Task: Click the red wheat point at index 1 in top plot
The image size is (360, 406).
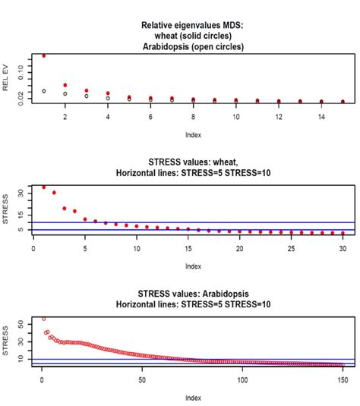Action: coord(44,56)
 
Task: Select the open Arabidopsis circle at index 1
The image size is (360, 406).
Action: coord(44,91)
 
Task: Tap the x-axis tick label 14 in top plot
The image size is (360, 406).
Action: coord(321,117)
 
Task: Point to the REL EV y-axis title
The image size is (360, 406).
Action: coord(7,79)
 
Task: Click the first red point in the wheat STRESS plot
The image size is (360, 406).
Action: coord(43,187)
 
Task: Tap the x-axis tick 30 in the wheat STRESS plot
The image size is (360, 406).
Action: coord(343,247)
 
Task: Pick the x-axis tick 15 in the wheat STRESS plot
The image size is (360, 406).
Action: coord(188,247)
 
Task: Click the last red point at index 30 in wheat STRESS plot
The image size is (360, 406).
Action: coord(343,232)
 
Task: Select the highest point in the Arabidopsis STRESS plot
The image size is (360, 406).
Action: coord(43,319)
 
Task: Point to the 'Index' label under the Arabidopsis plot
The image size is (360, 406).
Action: coord(193,397)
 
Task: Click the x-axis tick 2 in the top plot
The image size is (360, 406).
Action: coord(65,117)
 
